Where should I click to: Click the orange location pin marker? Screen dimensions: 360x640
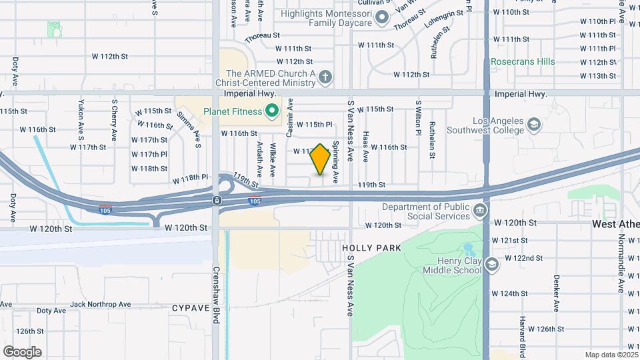pos(321,159)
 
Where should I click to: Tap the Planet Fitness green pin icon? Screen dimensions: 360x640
pos(271,111)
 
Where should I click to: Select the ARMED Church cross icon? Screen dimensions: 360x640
pos(325,78)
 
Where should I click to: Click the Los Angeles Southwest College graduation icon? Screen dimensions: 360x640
pos(533,125)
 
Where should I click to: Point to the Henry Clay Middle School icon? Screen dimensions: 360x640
pos(492,265)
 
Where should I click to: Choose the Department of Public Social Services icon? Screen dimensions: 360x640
pos(479,212)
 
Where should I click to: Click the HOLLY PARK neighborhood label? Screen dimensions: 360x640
pos(372,248)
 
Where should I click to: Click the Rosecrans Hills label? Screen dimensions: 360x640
pos(523,61)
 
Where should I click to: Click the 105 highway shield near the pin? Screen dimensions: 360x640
pos(254,200)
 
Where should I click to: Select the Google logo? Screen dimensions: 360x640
pos(22,351)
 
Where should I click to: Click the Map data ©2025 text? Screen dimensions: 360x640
pos(611,355)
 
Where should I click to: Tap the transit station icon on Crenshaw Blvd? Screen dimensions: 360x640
pos(217,200)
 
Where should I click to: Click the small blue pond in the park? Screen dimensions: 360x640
pos(469,250)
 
